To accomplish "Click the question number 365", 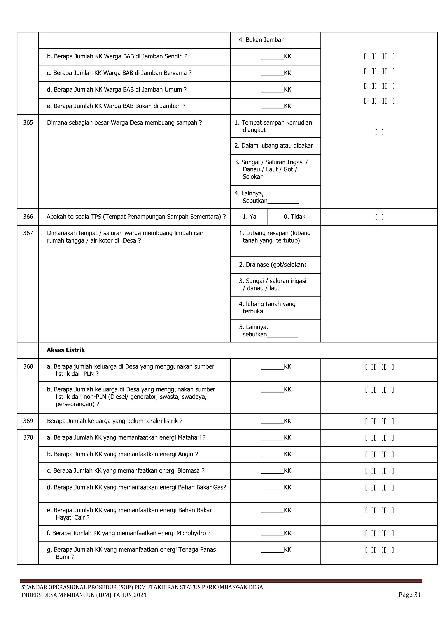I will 28,123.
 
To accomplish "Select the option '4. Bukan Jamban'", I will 261,40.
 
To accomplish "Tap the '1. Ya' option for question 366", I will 249,217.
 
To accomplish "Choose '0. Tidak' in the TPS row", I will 294,217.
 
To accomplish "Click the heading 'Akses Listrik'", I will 66,350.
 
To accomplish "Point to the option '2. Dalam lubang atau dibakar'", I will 274,146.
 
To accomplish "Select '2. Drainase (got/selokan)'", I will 273,264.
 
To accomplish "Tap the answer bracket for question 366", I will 379,217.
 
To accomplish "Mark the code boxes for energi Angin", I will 379,454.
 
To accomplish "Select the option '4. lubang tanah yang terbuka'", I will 267,308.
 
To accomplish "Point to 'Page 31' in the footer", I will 410,595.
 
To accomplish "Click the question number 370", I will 28,437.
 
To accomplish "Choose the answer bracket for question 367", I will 379,233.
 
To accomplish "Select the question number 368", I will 28,366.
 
